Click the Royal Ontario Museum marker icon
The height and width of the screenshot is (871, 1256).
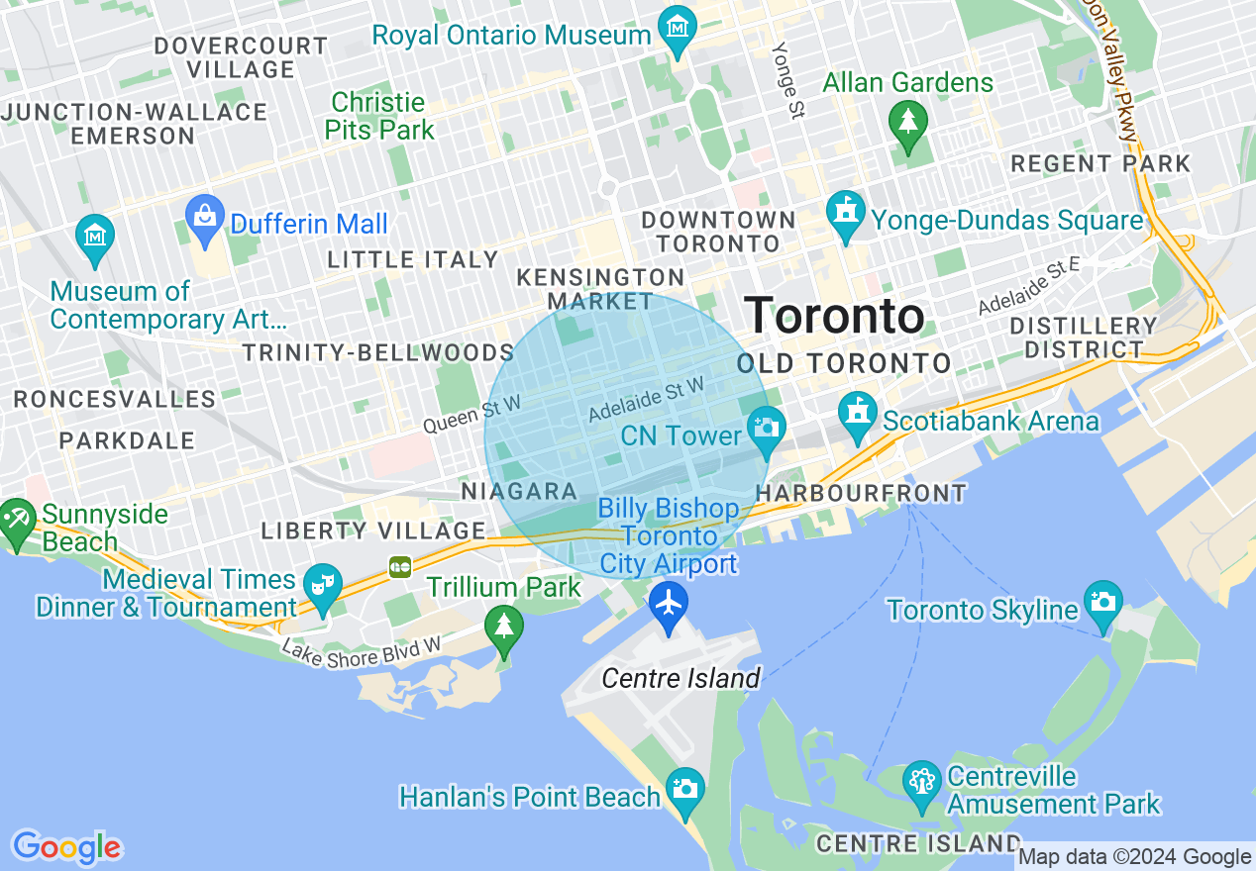coord(678,26)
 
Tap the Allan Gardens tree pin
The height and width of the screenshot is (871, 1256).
coord(907,121)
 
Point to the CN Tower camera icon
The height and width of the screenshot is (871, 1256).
coord(765,428)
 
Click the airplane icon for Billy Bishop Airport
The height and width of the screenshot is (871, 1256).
coord(670,602)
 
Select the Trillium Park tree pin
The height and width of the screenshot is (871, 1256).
coord(505,626)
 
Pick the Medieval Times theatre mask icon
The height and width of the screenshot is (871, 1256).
coord(321,583)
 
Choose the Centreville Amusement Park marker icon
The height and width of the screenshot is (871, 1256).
coord(922,782)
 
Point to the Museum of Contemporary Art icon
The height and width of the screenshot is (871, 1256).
coord(95,236)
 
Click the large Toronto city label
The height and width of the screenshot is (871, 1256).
coord(834,316)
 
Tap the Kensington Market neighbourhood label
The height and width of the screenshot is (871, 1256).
coord(600,289)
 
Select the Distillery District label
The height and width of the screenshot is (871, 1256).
coord(1083,338)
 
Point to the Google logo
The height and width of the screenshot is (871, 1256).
coord(66,847)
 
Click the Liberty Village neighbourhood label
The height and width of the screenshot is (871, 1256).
coord(373,531)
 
